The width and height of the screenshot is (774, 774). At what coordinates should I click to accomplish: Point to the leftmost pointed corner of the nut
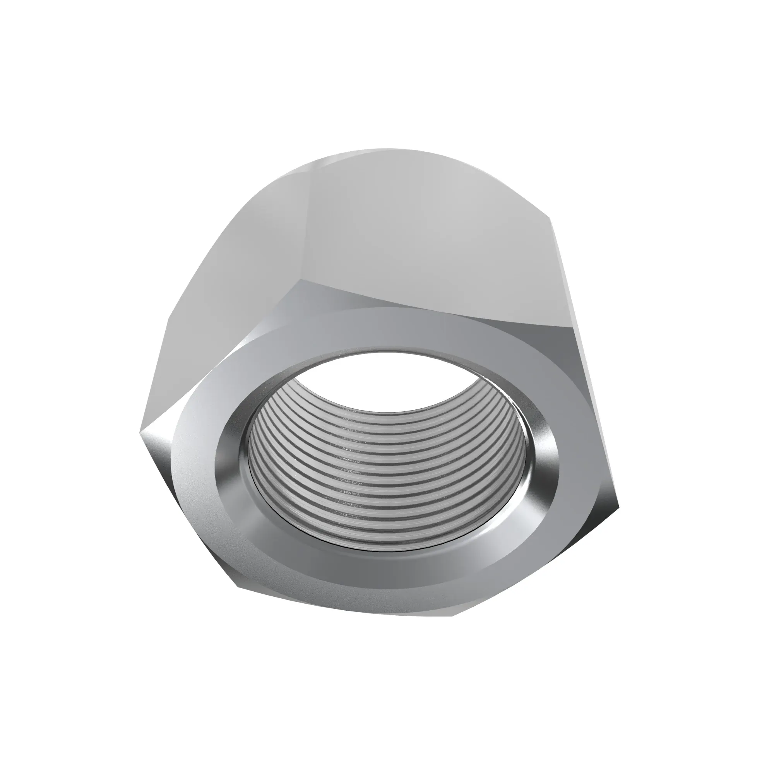click(x=140, y=432)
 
